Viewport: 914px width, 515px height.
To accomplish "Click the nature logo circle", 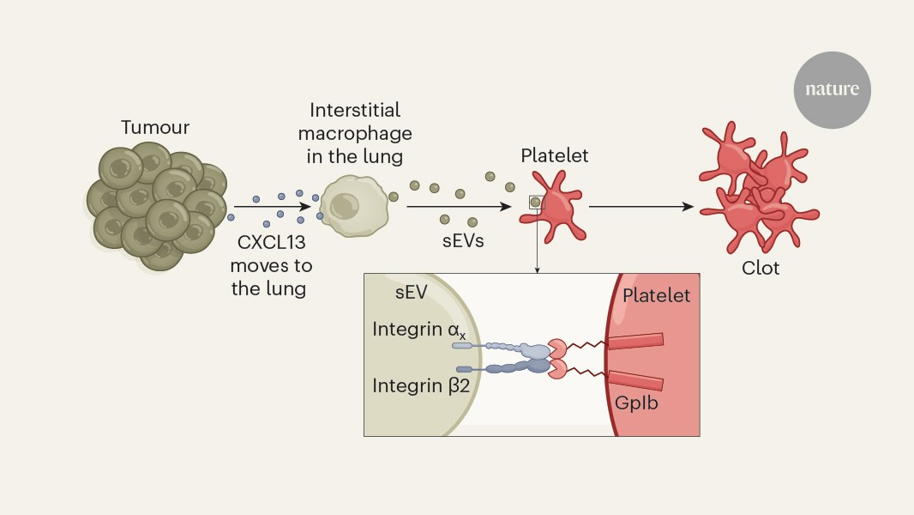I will [832, 89].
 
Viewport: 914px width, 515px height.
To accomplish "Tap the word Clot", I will [761, 268].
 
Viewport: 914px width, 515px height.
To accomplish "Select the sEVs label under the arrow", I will [464, 241].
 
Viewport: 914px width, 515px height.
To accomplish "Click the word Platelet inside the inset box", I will [656, 295].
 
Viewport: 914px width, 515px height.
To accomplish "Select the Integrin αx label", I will [419, 330].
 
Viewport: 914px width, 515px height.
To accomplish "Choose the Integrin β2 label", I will [419, 385].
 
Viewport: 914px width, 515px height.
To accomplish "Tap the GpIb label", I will [637, 402].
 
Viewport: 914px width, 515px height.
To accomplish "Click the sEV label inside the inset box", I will [412, 295].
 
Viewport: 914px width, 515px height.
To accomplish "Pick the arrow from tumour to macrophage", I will [273, 207].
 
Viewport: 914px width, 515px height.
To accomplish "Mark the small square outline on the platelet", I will [536, 203].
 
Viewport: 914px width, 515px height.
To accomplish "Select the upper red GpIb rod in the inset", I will [635, 341].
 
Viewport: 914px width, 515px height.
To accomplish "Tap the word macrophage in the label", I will [360, 134].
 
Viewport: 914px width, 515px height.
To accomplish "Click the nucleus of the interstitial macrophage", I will [345, 205].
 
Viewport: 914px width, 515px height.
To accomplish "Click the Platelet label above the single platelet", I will [555, 156].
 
